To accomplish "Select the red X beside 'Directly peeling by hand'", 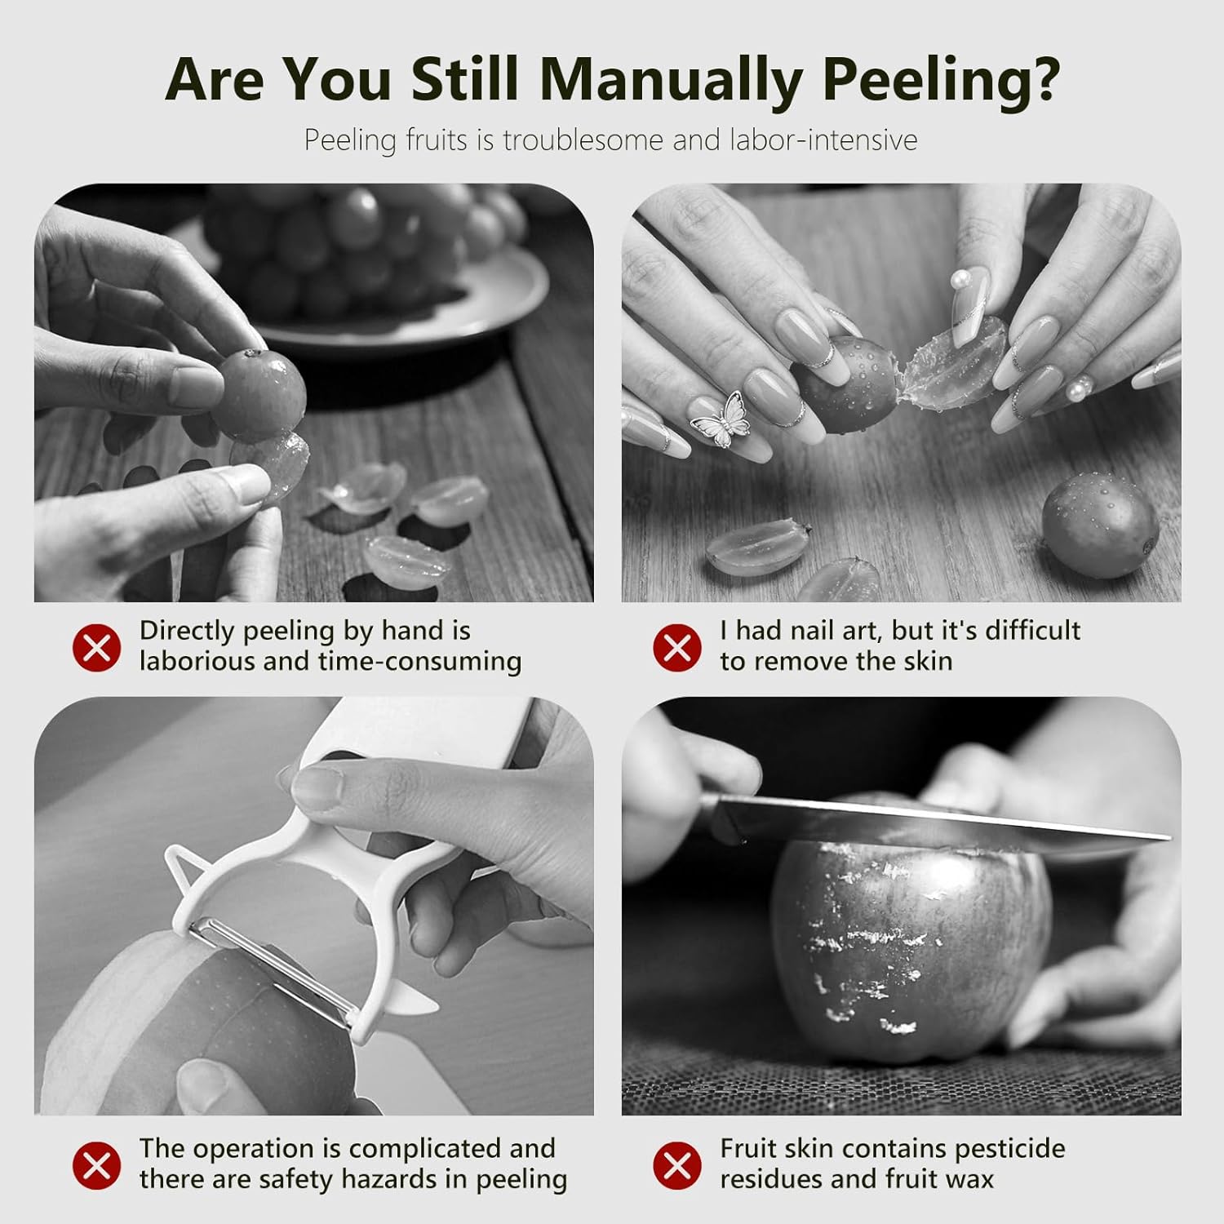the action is (x=96, y=648).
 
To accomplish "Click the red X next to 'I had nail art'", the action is (x=677, y=648).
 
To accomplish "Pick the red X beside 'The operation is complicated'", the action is (x=96, y=1165).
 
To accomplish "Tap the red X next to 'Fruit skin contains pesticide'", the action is (x=677, y=1165).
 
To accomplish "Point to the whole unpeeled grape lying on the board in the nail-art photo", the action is (x=1100, y=526).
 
